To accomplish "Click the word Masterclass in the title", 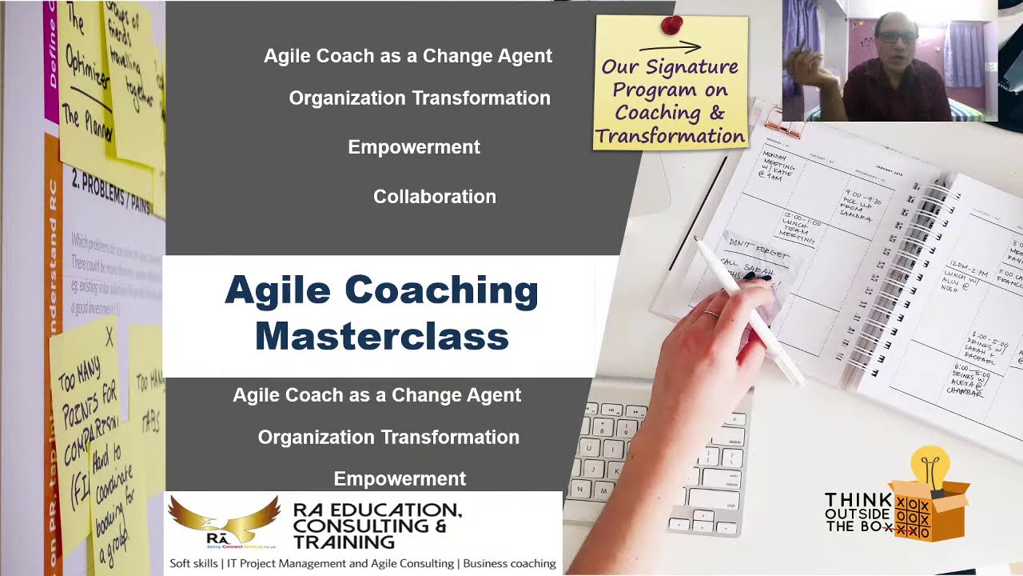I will pos(381,336).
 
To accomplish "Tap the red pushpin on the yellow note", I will pos(672,26).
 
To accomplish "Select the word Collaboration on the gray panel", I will pos(434,197).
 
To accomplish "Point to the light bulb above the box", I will pos(929,465).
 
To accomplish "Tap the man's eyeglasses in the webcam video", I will pos(898,38).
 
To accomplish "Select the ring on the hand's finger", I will pos(710,314).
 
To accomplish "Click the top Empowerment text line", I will pos(413,147).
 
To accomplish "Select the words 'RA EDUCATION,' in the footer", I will pos(376,510).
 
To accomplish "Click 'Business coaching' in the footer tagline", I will pos(508,564).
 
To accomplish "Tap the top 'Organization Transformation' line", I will pos(419,98).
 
